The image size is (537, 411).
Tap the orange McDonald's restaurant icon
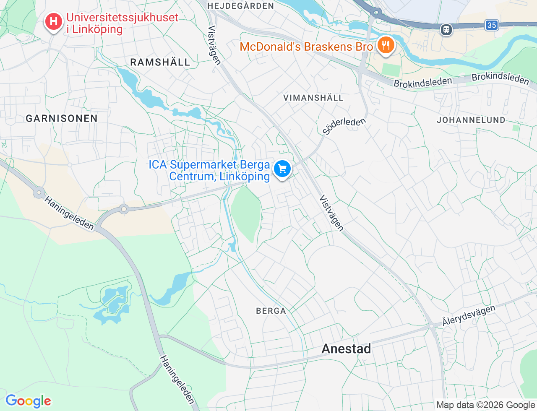pos(385,45)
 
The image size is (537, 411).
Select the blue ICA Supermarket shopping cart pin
pos(282,169)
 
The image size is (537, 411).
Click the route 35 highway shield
pos(492,25)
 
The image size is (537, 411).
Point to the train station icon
pos(446,29)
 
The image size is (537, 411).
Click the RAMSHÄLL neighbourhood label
pos(160,62)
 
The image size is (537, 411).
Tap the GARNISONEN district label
pos(62,118)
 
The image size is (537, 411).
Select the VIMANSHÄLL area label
pos(313,98)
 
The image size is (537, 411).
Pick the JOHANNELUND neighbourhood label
pos(471,120)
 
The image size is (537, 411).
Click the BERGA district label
pos(271,311)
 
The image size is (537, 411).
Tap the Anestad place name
pos(346,349)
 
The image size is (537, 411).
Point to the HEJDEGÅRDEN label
pos(240,6)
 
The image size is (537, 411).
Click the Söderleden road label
pos(344,125)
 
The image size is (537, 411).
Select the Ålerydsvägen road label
pos(469,316)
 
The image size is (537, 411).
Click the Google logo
pos(28,401)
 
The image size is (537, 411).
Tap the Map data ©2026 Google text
pos(485,405)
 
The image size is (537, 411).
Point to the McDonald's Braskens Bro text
pos(306,47)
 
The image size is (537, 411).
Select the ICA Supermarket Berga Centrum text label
pos(209,171)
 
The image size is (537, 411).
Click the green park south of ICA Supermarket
pos(246,212)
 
